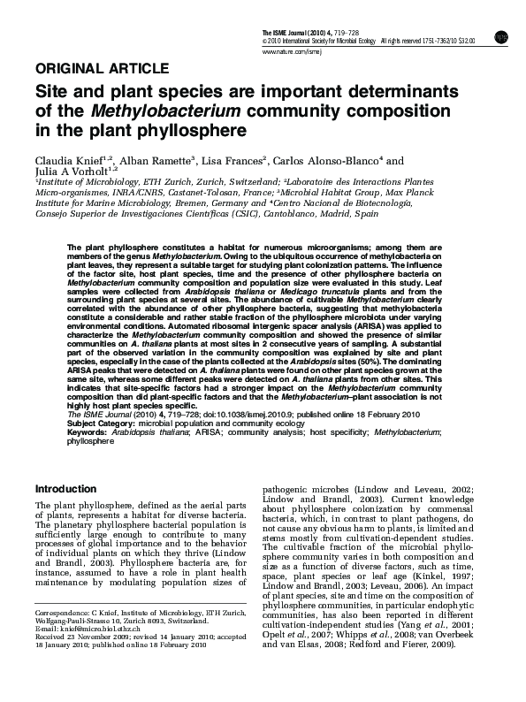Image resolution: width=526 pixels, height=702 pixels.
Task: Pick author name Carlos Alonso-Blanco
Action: pos(330,162)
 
